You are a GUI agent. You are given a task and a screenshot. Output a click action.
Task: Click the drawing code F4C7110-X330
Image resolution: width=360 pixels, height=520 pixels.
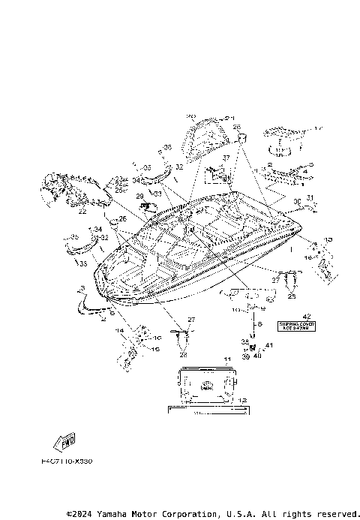(67, 461)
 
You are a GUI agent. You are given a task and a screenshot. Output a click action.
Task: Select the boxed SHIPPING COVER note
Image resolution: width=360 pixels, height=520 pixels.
(295, 326)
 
